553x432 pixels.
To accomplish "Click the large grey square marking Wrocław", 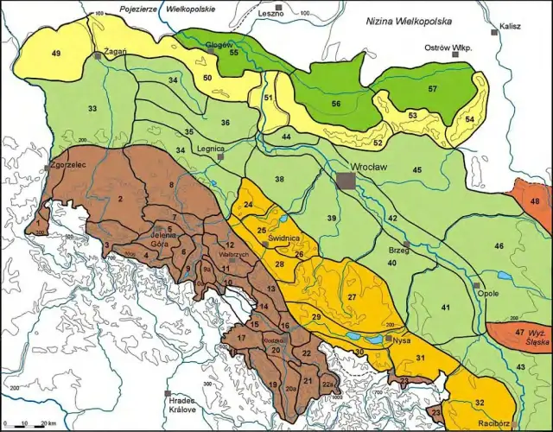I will click(346, 180).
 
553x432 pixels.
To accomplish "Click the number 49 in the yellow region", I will click(56, 54).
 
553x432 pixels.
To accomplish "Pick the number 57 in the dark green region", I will click(432, 89).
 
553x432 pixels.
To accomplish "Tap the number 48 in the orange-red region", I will click(535, 201).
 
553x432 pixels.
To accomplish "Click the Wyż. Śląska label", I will click(535, 338).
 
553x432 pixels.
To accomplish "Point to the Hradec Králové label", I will click(177, 404).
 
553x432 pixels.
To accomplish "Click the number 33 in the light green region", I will click(92, 109).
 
